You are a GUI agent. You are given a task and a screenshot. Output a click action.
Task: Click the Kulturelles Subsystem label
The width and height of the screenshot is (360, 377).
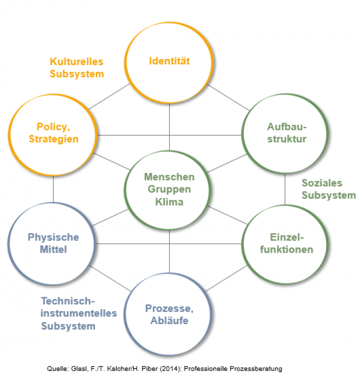point(77,68)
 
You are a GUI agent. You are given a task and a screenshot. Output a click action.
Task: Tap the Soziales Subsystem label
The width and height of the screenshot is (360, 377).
point(329,189)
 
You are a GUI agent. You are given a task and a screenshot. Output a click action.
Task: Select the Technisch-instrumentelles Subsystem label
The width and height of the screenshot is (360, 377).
point(79,313)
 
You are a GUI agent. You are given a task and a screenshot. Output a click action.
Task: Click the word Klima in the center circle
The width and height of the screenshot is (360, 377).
point(169,202)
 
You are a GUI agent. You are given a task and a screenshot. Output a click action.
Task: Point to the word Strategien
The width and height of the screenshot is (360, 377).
point(53,139)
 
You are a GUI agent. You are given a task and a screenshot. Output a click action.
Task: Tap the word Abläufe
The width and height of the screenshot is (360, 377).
point(170,321)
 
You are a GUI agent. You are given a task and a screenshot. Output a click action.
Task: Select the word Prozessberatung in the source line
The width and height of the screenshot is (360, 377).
point(256,369)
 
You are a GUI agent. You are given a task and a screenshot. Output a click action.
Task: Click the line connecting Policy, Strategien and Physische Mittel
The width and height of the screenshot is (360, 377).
point(53,189)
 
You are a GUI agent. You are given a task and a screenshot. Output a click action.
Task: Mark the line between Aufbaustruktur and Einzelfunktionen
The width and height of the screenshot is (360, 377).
point(285,189)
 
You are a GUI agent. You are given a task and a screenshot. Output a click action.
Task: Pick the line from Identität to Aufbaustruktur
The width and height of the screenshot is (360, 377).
point(228,98)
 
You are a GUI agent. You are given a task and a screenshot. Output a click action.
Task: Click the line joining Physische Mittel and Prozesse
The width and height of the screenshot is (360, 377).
point(110,278)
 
